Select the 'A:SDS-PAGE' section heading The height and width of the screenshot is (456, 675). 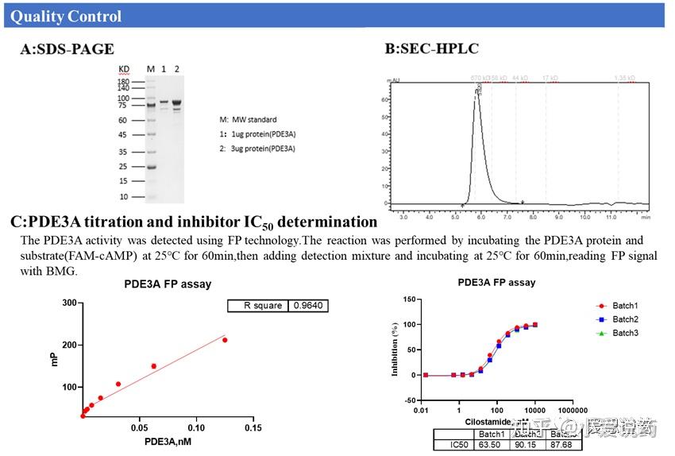click(x=67, y=49)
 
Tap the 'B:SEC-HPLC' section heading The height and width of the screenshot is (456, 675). click(x=432, y=49)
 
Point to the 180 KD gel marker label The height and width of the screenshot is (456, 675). click(x=123, y=82)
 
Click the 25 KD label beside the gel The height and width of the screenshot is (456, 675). click(x=123, y=167)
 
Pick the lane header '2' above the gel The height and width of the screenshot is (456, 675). click(x=177, y=69)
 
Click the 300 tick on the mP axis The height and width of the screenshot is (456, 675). click(x=70, y=303)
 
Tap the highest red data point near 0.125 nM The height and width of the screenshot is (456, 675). click(x=225, y=340)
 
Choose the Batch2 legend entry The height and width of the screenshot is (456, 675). click(x=625, y=319)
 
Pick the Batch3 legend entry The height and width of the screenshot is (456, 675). click(x=625, y=333)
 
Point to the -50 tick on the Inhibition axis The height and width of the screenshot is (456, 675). click(x=410, y=400)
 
